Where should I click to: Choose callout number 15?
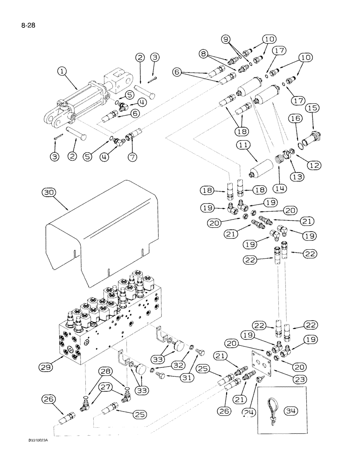point(312,108)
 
